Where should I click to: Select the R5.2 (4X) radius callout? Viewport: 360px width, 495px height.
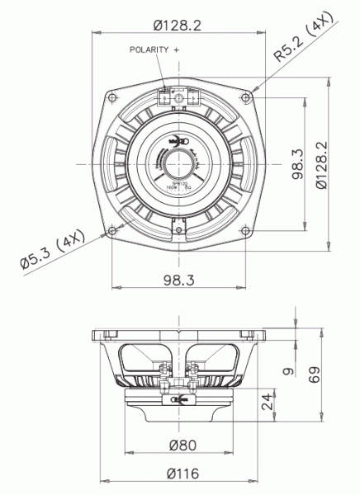coord(305,37)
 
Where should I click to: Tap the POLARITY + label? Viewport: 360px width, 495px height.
coord(154,50)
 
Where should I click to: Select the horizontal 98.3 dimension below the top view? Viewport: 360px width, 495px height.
coord(178,280)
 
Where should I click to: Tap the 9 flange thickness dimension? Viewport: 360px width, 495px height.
coord(287,371)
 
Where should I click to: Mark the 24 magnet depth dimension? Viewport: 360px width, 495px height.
coord(266,403)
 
